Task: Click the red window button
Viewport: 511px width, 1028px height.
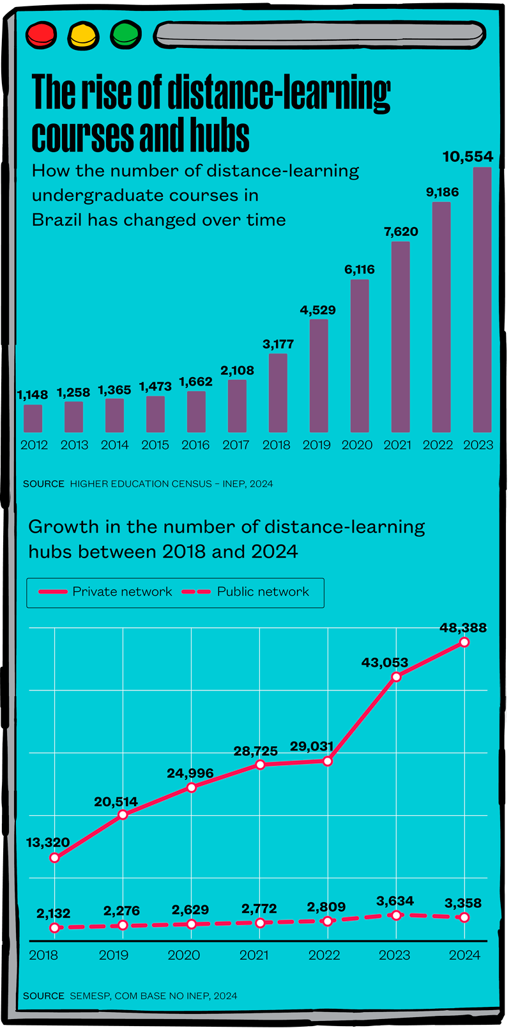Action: (42, 35)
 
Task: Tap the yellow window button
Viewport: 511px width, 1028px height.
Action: (84, 35)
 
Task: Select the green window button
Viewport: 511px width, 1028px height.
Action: (126, 35)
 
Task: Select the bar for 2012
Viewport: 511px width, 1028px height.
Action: (33, 418)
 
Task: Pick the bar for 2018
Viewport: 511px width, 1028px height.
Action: (278, 393)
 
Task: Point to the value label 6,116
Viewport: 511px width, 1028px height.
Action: (360, 270)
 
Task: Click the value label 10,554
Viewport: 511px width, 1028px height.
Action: (468, 157)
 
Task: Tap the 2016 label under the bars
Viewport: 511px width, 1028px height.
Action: (195, 445)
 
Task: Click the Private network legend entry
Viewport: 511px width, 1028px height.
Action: (105, 592)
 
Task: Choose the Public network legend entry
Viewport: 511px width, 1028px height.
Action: (247, 592)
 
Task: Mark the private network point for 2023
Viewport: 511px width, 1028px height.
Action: (396, 676)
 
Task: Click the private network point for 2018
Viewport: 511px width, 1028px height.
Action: (54, 858)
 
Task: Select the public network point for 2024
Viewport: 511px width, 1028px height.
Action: (464, 917)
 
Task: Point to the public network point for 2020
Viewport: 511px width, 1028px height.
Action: (191, 924)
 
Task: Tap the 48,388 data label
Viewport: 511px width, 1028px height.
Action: (463, 628)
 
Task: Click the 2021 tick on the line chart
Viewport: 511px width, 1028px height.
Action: (254, 955)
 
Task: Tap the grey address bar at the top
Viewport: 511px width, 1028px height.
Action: (319, 35)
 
